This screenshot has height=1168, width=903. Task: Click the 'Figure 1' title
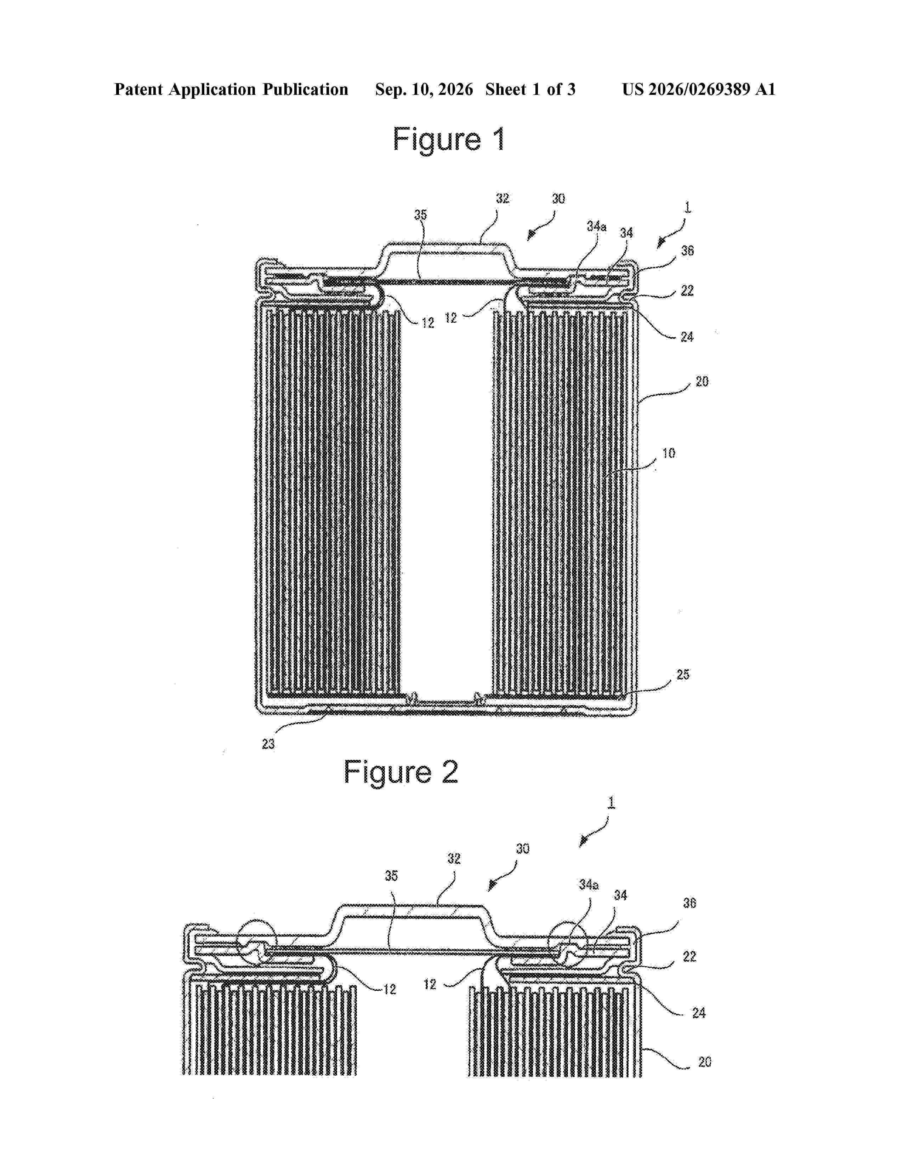point(449,139)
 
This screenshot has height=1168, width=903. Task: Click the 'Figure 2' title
point(401,772)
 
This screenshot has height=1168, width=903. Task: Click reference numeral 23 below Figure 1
point(268,743)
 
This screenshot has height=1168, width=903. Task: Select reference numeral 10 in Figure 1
point(669,453)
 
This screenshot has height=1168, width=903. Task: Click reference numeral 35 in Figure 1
point(420,214)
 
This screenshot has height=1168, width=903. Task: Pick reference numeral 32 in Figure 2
point(454,858)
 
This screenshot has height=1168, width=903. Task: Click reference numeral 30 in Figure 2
point(523,849)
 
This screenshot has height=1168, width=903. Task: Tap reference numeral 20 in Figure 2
point(705,1061)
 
